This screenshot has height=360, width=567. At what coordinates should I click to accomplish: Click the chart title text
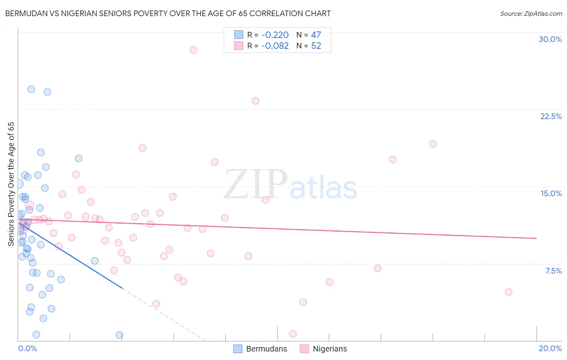pos(168,13)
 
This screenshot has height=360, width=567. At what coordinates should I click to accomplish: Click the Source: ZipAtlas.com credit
pos(531,13)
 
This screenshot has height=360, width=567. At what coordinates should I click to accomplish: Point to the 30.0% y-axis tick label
pos(550,39)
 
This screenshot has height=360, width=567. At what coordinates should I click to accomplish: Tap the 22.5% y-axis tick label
pos(551,116)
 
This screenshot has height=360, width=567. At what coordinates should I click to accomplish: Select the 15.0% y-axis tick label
pos(551,193)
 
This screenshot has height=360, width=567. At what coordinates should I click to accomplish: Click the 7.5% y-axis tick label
pos(553,271)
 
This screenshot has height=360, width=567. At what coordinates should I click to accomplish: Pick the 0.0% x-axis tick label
pos(27,348)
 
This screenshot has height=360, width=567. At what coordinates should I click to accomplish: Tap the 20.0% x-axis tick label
pos(550,348)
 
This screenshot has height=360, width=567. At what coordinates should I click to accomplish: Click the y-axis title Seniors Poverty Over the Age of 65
pos(11,184)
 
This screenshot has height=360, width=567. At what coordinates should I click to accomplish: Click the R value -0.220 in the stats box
pos(275,35)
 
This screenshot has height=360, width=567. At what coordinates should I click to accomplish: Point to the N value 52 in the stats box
pos(316,46)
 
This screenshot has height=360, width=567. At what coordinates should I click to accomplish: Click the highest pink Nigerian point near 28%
pos(194,50)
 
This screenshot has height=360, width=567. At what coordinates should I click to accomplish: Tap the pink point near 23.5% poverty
pos(255,101)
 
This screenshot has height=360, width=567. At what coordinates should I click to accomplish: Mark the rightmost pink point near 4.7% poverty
pos(509,292)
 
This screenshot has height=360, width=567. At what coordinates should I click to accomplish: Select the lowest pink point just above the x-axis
pos(293,334)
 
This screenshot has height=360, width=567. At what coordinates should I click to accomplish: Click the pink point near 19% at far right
pos(433,144)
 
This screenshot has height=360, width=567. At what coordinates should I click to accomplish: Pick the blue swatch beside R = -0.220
pos(239,35)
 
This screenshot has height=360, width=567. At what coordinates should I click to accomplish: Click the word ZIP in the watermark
pos(255,185)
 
